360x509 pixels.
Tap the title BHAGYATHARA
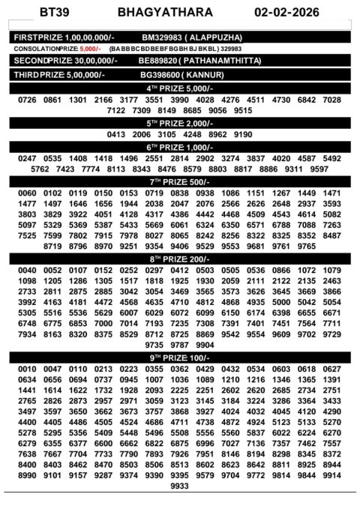click(x=155, y=13)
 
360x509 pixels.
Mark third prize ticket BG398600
click(x=162, y=75)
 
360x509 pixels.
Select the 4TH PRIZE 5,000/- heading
click(x=179, y=88)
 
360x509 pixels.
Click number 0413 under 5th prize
click(x=116, y=134)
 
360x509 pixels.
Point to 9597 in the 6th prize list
click(x=319, y=169)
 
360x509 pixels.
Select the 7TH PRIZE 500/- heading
click(x=179, y=182)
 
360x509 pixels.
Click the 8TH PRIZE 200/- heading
click(x=179, y=258)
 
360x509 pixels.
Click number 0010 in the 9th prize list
click(x=27, y=370)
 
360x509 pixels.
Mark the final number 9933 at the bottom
click(x=179, y=487)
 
